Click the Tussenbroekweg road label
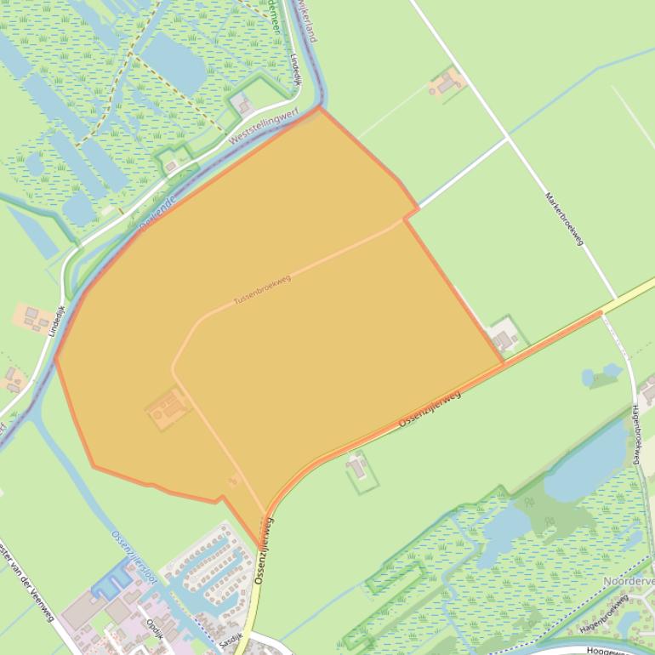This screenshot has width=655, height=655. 262,290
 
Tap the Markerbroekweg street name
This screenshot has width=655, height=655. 564,219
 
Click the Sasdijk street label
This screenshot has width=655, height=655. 230,638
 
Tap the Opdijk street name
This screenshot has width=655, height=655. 155,629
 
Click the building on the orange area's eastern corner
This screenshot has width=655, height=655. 504,339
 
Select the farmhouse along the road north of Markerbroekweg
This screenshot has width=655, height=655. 445,83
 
